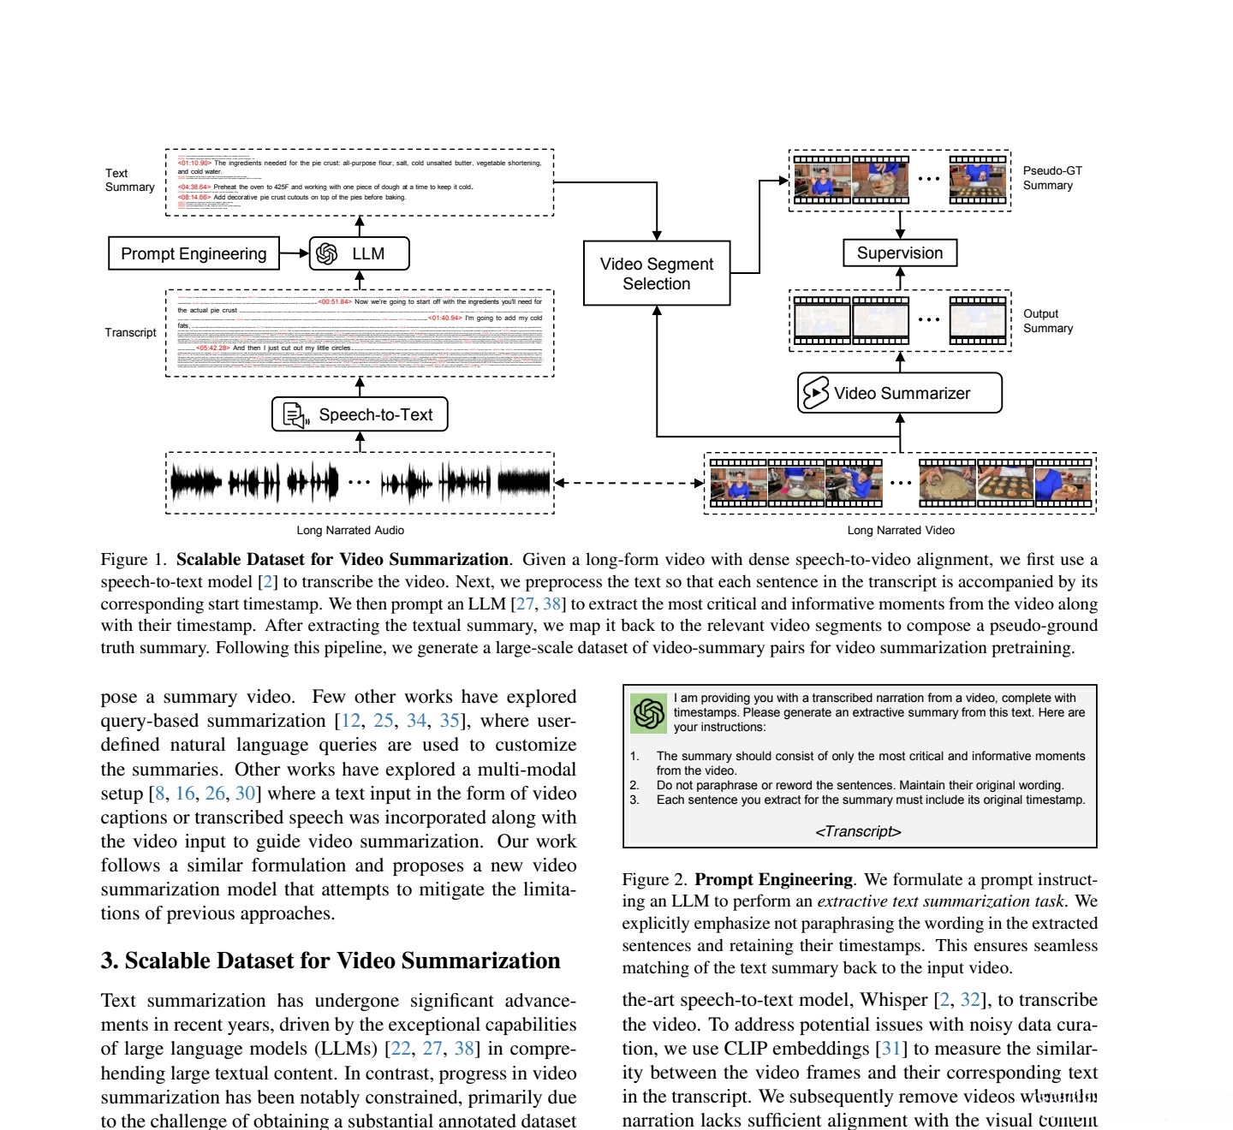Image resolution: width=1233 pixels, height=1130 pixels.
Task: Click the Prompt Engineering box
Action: coord(194,253)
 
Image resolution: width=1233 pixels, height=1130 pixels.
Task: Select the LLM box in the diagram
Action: coord(359,253)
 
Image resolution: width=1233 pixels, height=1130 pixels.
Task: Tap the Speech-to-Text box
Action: coord(360,414)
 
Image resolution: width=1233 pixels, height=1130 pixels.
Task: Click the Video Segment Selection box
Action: coord(657,273)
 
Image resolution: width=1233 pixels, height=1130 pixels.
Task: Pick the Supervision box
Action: coord(900,253)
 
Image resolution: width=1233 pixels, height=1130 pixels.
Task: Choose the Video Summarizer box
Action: coord(900,393)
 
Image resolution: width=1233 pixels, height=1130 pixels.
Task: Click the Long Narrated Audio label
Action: coord(350,531)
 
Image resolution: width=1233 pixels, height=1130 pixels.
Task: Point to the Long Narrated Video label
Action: coord(901,531)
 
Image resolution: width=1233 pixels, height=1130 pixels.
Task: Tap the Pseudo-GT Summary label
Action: coord(1052,178)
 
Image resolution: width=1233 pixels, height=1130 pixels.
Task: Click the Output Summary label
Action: coord(1048,321)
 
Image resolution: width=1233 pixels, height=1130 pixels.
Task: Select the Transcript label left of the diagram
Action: coord(130,332)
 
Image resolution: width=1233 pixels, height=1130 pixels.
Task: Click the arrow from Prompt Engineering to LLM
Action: coord(294,253)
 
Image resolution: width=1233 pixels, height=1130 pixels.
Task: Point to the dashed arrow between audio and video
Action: coord(629,483)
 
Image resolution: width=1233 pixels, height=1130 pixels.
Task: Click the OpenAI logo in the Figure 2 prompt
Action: coord(649,713)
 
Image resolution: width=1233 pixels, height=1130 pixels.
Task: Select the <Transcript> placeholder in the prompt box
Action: coord(858,831)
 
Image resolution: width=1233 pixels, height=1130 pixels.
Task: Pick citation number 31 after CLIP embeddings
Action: coord(890,1049)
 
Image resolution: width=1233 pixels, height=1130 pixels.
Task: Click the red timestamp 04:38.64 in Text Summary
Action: coord(194,187)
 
